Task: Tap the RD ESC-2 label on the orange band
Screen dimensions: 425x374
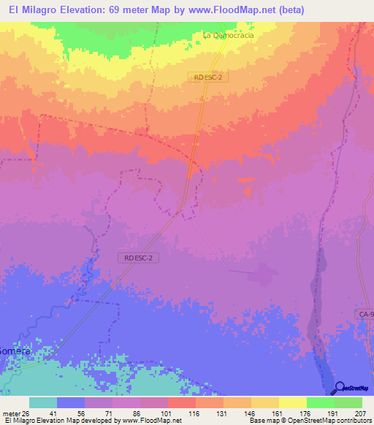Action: coord(212,77)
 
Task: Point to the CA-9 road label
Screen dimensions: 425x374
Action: coord(365,314)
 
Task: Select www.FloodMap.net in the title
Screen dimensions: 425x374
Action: coord(221,9)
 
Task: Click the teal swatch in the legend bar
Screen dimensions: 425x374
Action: coord(43,402)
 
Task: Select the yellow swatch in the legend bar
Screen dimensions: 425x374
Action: coord(292,402)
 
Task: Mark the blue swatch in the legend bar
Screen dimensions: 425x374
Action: coord(71,402)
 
